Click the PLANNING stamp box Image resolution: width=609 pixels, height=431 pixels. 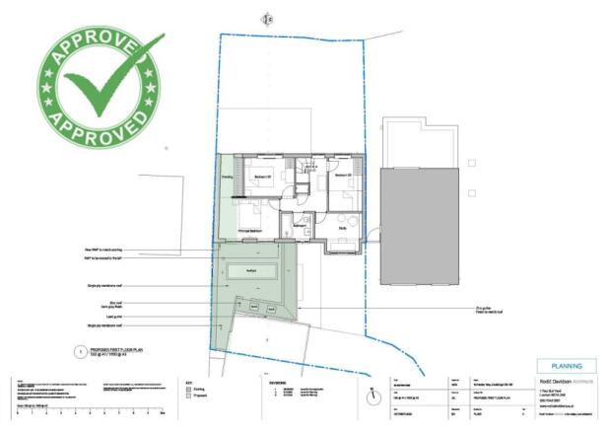pyautogui.click(x=566, y=366)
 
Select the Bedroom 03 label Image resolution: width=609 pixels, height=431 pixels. pyautogui.click(x=342, y=177)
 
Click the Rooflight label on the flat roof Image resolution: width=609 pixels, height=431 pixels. pyautogui.click(x=251, y=269)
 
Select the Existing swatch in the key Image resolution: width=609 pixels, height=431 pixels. pyautogui.click(x=189, y=390)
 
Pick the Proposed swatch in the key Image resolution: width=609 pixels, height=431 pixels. pyautogui.click(x=189, y=397)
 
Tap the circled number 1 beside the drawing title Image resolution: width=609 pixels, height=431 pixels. pyautogui.click(x=82, y=350)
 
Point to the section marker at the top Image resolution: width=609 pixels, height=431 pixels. pyautogui.click(x=266, y=18)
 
